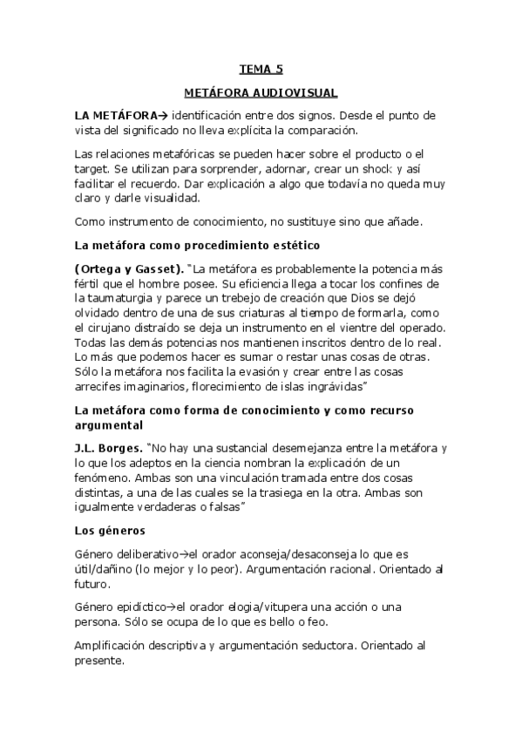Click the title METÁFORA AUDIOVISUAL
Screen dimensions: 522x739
point(261,92)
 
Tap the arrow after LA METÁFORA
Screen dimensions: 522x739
point(164,115)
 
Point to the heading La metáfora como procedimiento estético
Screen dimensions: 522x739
point(186,246)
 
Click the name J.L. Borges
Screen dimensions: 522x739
point(109,448)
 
